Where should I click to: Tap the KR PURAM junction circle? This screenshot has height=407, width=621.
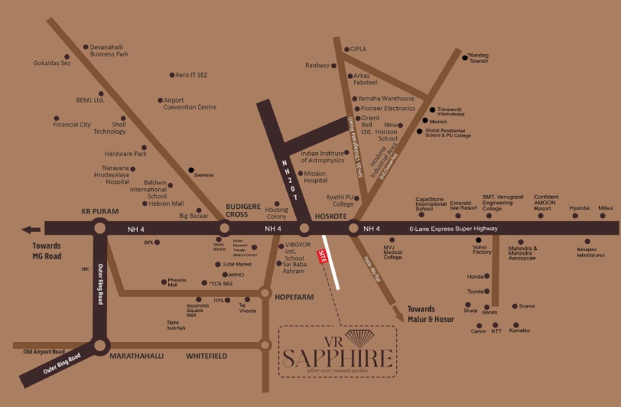(100, 228)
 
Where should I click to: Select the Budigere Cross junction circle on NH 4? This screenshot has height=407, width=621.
(224, 228)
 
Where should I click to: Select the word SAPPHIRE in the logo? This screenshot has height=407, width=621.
(337, 358)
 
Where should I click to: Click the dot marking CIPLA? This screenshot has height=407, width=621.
(346, 50)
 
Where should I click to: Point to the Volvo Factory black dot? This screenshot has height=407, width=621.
(478, 240)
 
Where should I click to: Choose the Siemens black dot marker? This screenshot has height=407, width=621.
(191, 170)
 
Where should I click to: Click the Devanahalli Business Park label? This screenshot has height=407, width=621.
(109, 50)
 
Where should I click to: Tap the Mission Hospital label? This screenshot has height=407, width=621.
(316, 177)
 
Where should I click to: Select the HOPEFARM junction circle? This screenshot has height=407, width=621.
(265, 293)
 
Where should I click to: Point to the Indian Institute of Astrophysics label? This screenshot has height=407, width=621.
(322, 157)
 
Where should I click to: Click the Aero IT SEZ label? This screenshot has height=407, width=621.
(191, 75)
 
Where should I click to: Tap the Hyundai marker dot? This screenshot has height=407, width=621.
(575, 215)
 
